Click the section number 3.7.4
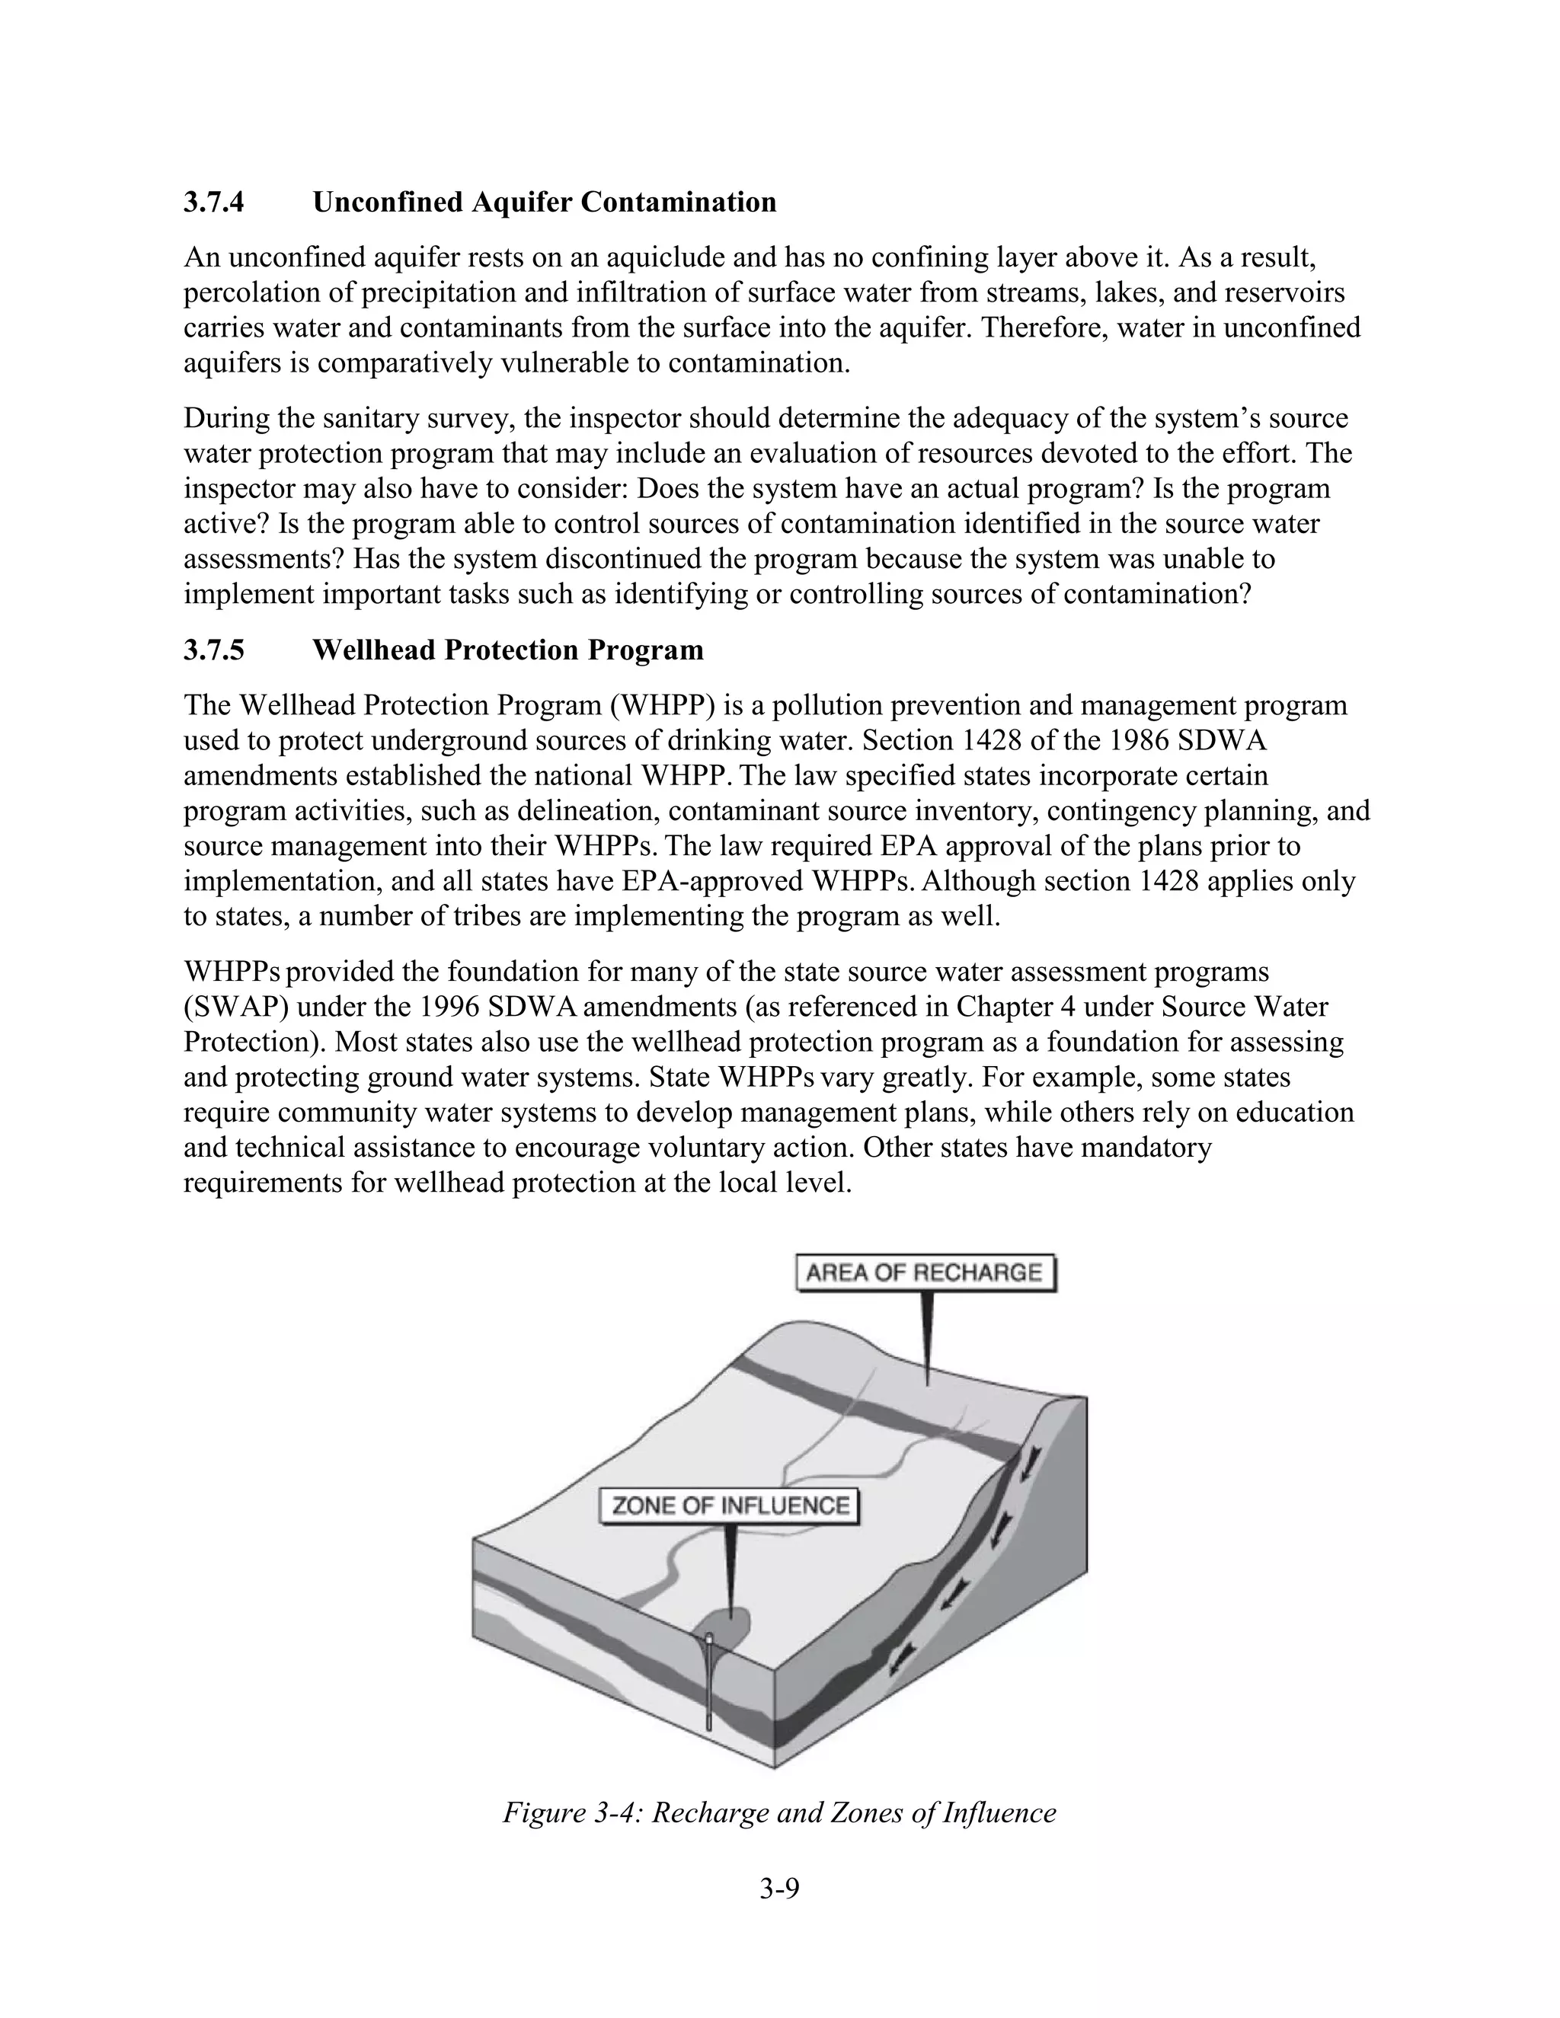[x=213, y=203]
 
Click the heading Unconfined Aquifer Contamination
[x=545, y=203]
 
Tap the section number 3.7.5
[x=213, y=650]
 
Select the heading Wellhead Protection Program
[x=507, y=650]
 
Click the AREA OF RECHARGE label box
[x=924, y=1273]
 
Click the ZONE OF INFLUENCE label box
[x=730, y=1506]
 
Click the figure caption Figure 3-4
[x=779, y=1813]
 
